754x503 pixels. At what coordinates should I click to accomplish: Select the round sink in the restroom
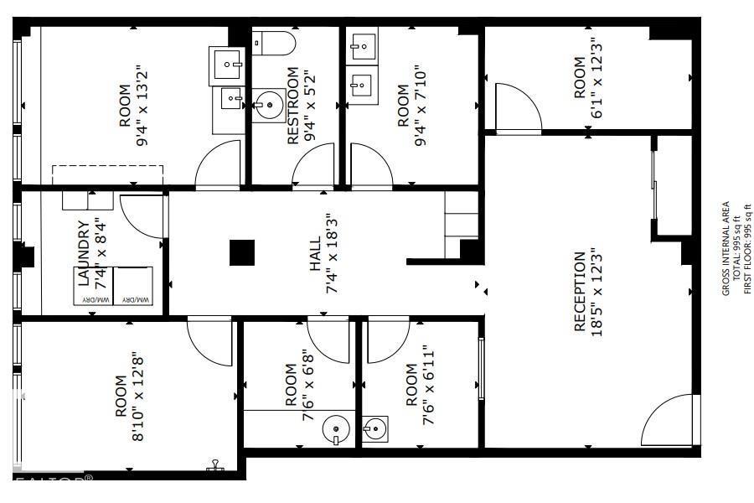tap(269, 106)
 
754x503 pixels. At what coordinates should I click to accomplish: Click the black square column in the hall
tap(242, 252)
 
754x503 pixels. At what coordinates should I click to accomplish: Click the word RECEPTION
tap(579, 292)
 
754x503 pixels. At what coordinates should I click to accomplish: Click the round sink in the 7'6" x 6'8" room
tap(336, 431)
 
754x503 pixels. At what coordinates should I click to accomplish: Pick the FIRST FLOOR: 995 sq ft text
tap(748, 248)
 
